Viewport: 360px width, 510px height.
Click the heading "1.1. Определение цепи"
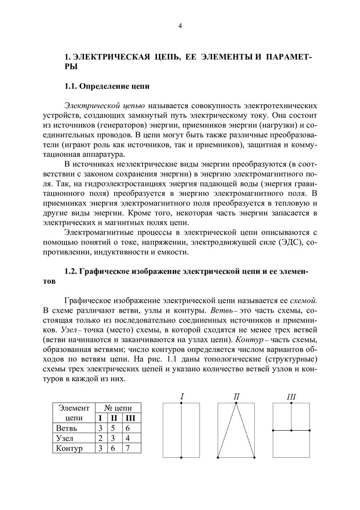point(107,86)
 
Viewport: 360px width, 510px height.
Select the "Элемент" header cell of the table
point(73,408)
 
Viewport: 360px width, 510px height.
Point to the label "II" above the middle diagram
point(236,397)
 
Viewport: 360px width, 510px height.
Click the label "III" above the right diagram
point(291,397)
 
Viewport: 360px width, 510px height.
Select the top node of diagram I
point(182,403)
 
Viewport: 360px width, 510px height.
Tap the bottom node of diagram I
point(182,458)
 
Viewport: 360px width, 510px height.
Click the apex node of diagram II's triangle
point(236,403)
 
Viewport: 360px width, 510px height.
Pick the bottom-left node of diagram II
point(218,458)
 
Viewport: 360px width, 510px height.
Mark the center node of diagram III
point(292,430)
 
